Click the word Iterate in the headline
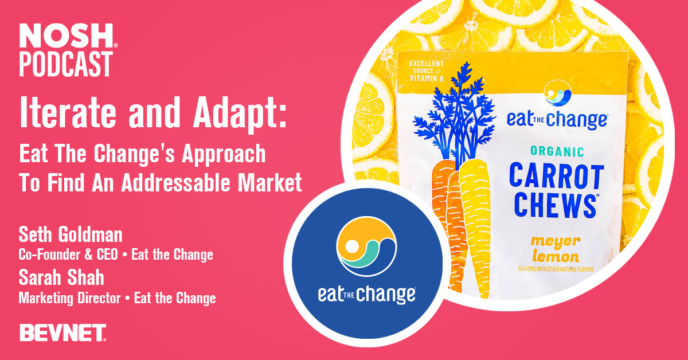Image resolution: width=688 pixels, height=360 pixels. pos(68,113)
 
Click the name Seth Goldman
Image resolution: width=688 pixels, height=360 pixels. pos(71,234)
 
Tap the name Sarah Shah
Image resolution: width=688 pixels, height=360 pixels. pos(61,277)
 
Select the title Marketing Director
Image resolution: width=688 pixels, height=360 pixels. pos(70,299)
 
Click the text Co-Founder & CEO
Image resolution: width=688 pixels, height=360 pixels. pos(68,255)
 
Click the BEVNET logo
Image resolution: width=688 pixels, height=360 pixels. pos(63,332)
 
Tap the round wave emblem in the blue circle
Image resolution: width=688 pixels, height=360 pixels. pos(366,246)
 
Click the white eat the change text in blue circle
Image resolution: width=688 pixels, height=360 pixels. pos(367,294)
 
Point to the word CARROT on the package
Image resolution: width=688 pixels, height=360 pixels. pos(557,176)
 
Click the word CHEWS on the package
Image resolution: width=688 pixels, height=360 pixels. pos(556,206)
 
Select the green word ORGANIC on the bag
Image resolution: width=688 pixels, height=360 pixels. pos(557,151)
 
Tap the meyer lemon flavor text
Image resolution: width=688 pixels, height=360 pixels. pos(556,249)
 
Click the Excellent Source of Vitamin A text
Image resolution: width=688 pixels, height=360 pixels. pos(427,71)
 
